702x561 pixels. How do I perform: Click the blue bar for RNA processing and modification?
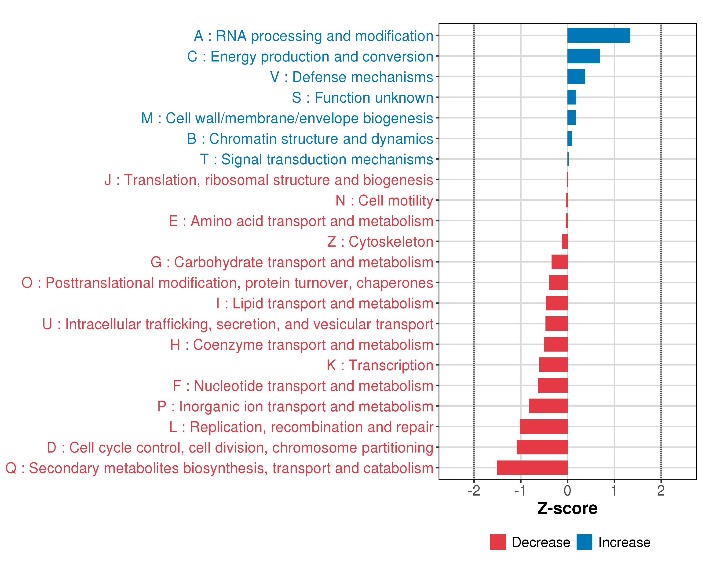coord(599,36)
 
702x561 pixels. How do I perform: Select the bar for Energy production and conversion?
coord(583,56)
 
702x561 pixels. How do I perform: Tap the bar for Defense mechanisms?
coord(576,77)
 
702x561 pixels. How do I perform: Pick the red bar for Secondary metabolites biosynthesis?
coord(532,468)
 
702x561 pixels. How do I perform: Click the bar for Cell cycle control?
coord(542,447)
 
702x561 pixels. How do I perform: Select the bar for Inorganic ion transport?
coord(548,406)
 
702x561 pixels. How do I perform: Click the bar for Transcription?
coord(553,365)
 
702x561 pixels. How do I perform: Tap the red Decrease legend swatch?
coord(497,542)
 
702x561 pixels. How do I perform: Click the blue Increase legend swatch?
coord(584,542)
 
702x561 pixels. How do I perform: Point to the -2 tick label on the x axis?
coord(474,490)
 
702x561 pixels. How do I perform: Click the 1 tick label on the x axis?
coord(614,490)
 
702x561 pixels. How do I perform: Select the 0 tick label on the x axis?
coord(567,490)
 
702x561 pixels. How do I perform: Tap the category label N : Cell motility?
coord(384,200)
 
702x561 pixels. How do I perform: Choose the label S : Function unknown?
coord(362,97)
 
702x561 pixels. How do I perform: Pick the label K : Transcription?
coord(380,365)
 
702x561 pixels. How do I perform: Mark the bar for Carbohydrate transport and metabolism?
coord(559,262)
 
